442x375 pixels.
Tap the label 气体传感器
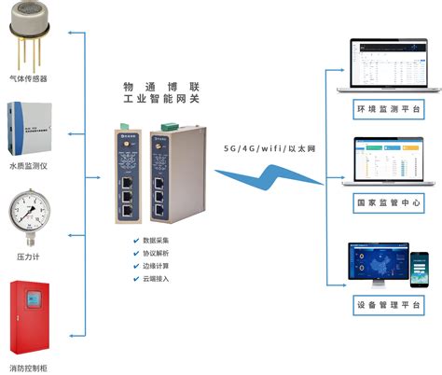coord(29,78)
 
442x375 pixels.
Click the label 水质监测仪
coord(29,168)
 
